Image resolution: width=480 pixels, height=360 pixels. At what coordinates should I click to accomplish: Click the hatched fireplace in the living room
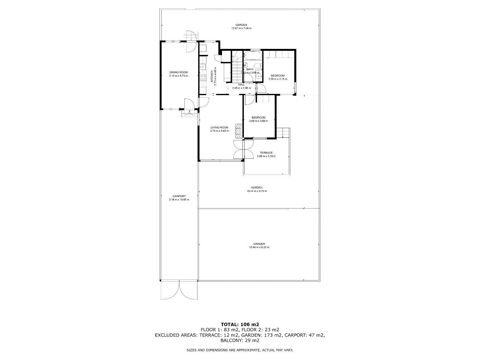click(x=239, y=131)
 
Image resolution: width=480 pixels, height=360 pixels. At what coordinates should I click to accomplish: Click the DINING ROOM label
click(x=178, y=72)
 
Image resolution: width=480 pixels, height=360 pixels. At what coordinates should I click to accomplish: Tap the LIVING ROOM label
click(x=219, y=127)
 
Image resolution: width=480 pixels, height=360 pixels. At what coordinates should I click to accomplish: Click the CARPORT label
click(x=179, y=196)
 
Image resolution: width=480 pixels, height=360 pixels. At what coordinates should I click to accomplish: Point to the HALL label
click(x=241, y=85)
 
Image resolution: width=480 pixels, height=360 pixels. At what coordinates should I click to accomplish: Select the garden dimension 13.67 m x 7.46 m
click(x=241, y=28)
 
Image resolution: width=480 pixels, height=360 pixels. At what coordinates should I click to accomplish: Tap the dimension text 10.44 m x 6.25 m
click(x=259, y=247)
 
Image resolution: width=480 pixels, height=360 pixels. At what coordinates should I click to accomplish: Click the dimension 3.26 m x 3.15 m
click(x=277, y=79)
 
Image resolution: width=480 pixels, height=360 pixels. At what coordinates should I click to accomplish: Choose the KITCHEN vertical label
click(x=211, y=76)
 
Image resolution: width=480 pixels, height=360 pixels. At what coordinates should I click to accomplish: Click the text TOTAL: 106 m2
click(x=240, y=324)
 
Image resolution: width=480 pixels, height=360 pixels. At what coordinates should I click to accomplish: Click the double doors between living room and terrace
click(x=239, y=149)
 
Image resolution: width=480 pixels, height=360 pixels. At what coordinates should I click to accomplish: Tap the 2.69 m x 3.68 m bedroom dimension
click(x=258, y=121)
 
